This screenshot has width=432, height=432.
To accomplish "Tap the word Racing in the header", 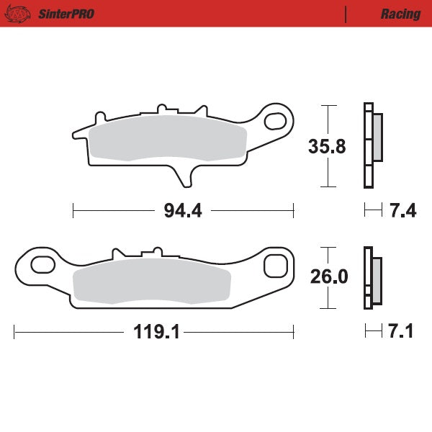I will coord(400,14).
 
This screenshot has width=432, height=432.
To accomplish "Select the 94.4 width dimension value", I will coord(183,211).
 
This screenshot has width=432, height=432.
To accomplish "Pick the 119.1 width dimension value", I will coord(156,332).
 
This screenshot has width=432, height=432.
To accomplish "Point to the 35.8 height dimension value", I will coord(327,146).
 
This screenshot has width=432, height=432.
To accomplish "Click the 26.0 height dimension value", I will coord(328,276).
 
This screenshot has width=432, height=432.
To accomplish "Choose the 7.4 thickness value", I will coord(402,211).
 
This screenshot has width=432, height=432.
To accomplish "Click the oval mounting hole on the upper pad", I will coord(275,120).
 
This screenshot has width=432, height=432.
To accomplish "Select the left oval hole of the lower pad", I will coord(40,266).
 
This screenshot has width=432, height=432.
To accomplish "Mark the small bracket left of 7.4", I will coord(373,211).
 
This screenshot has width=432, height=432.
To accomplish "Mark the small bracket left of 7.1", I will coord(373,332).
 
